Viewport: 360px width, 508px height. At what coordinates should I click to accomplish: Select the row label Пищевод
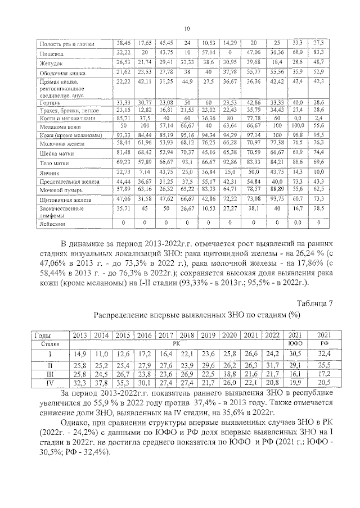[x=49, y=53]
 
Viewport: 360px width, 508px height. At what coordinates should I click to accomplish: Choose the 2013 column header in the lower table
[x=79, y=335]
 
